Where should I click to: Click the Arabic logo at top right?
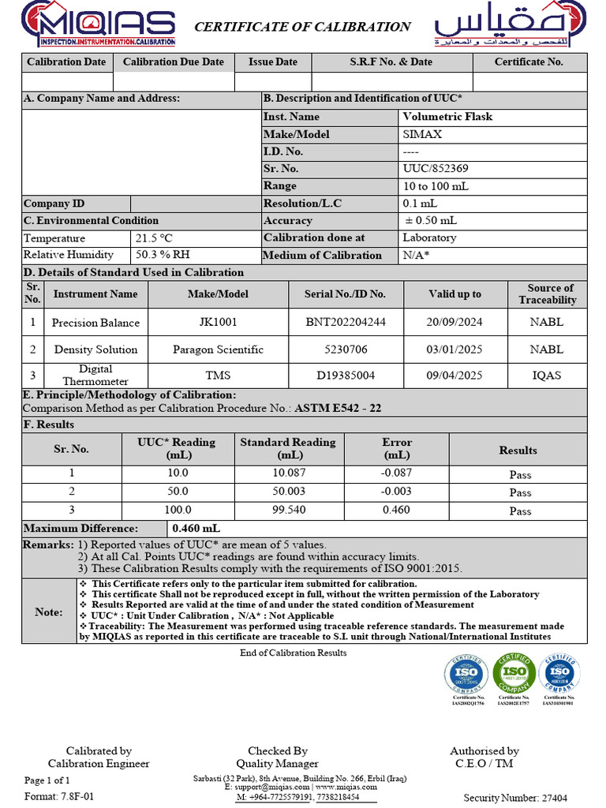point(510,25)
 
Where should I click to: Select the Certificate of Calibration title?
point(302,27)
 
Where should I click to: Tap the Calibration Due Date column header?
point(174,62)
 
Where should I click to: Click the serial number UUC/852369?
point(435,168)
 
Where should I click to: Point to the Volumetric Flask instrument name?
point(447,117)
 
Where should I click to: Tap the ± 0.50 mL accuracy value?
point(431,221)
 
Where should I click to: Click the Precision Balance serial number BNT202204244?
point(345,322)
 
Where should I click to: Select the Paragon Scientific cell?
point(218,350)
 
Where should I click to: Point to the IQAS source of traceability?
point(547,376)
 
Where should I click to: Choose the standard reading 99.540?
point(288,511)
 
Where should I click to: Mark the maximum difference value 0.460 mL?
point(196,529)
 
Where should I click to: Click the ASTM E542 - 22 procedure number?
point(338,408)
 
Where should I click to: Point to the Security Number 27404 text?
point(514,798)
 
